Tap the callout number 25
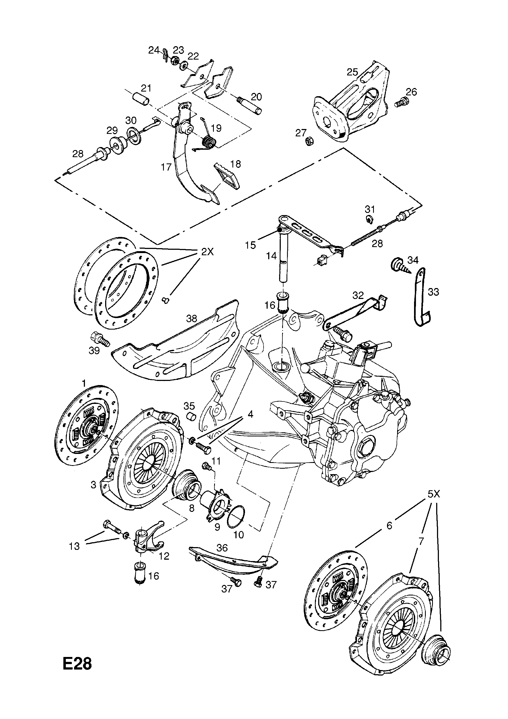point(352,72)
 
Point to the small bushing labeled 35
point(191,417)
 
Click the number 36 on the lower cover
point(222,548)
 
